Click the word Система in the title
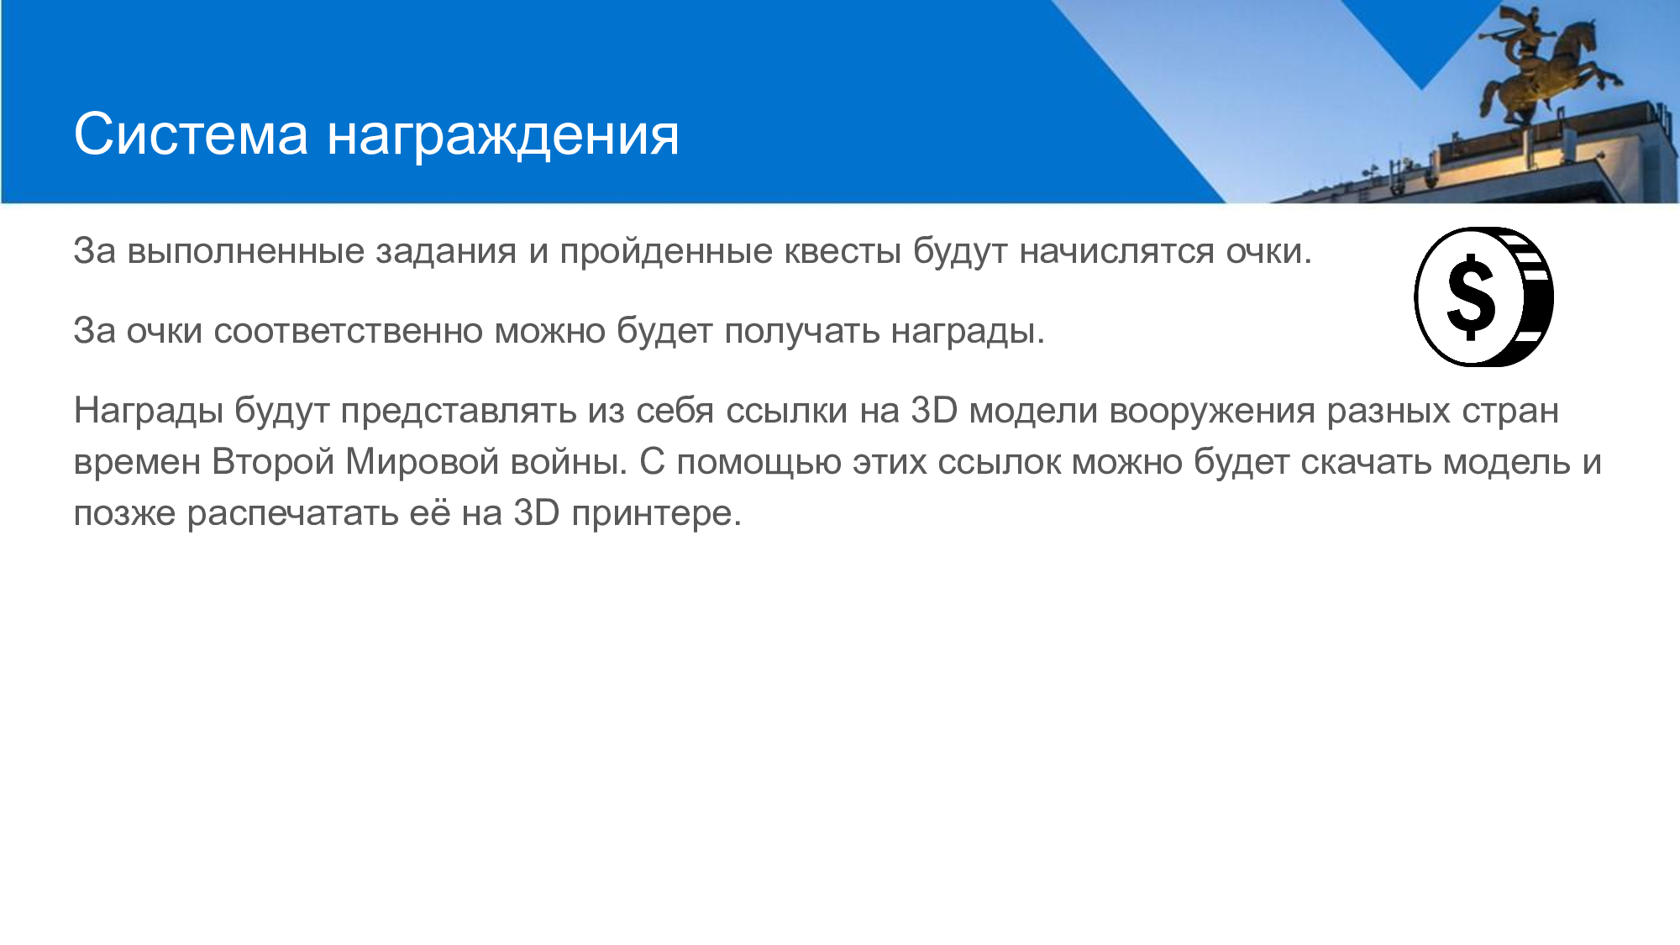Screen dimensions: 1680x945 coord(192,134)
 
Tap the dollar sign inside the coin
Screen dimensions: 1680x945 coord(1471,297)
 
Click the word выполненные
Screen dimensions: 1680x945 coord(245,251)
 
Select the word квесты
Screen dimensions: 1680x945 coord(843,251)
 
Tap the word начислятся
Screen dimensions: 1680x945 coord(1116,251)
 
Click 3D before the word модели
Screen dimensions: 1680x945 coord(934,410)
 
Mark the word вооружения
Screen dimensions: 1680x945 coord(1212,411)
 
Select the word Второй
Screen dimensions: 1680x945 coord(272,462)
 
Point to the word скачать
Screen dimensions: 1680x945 coord(1366,462)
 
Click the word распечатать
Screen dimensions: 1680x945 coord(292,513)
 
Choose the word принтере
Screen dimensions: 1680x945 coord(656,513)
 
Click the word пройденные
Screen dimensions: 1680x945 coord(665,251)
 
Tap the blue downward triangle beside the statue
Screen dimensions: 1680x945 coord(1421,38)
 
